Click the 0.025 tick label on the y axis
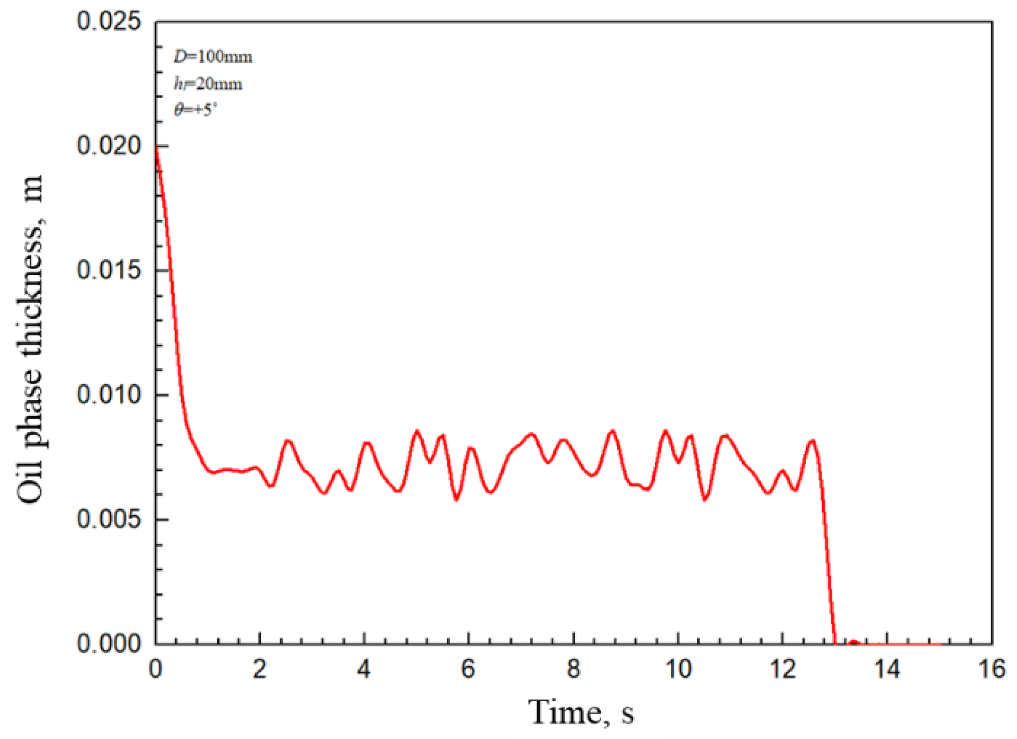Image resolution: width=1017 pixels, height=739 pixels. coord(109,22)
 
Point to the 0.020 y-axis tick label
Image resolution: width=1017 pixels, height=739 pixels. coord(109,146)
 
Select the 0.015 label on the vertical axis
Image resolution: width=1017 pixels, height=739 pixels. coord(109,270)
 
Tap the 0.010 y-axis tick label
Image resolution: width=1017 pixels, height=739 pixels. coord(109,395)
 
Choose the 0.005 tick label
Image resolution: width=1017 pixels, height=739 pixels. coord(109,519)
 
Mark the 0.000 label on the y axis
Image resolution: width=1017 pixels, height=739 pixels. coord(109,643)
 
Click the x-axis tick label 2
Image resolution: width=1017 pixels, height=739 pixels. coord(260,669)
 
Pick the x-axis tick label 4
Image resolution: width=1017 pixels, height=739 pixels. coord(364,669)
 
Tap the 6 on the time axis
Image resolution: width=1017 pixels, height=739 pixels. coord(469,669)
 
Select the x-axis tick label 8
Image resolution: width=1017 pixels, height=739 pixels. coord(573,669)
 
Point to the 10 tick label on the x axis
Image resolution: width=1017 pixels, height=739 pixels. coord(678,669)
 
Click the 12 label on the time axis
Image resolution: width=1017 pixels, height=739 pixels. coord(783,669)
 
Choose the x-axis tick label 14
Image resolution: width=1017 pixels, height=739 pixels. coord(887,669)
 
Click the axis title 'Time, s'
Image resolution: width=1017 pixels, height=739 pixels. coord(581,712)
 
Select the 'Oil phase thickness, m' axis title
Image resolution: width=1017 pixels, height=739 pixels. coord(30,339)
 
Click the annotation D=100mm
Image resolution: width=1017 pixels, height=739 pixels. coord(213,56)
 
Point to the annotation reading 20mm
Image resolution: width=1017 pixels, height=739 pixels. coord(208,84)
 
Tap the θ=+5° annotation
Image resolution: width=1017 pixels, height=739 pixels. coord(195,110)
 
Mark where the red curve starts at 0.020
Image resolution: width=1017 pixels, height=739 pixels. coord(156,146)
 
